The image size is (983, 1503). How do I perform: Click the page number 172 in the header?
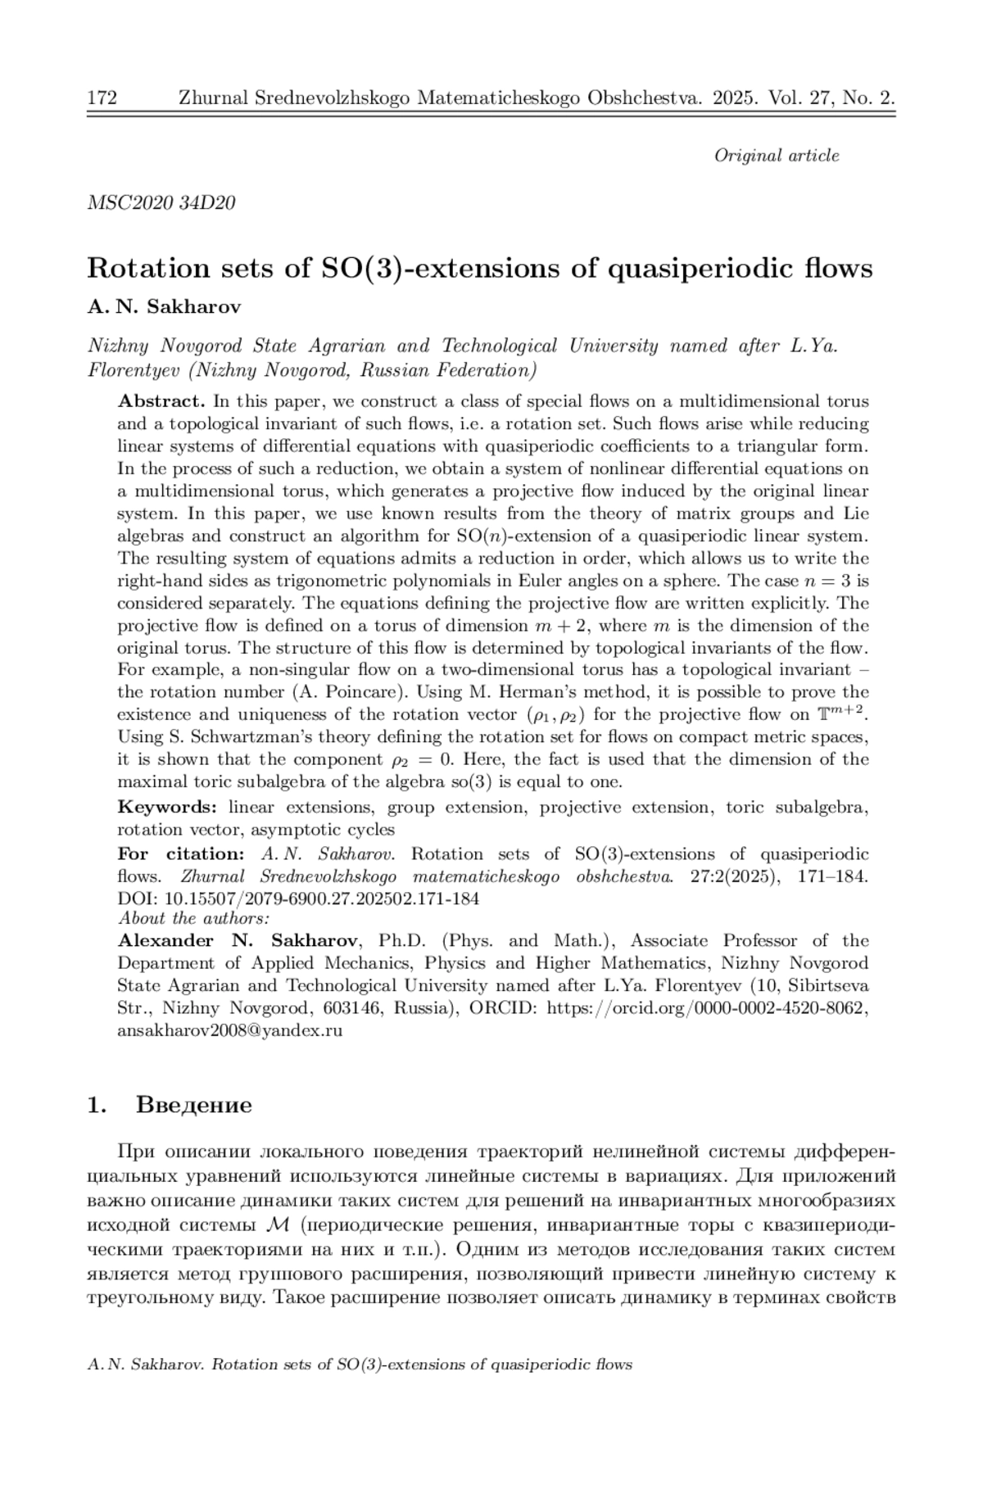[x=102, y=99]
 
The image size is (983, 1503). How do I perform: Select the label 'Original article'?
[x=776, y=156]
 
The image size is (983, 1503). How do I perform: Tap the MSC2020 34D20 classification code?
[x=161, y=203]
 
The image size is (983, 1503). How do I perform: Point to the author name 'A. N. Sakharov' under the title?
[x=165, y=307]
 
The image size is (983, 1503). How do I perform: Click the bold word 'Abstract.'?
[x=161, y=401]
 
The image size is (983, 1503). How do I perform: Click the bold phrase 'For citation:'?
[x=180, y=854]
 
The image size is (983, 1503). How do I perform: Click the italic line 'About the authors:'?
[x=194, y=918]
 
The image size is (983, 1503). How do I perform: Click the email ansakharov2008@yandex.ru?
[x=229, y=1030]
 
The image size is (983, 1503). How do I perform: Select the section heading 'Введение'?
[x=194, y=1106]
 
